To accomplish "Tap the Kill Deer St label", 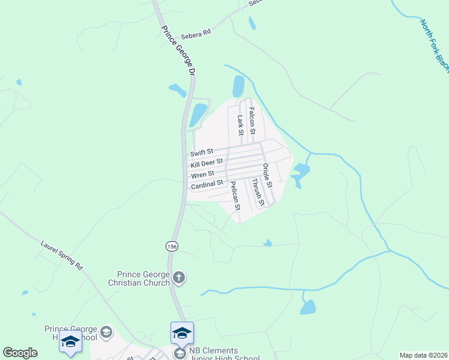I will pyautogui.click(x=207, y=163).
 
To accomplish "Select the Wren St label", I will pyautogui.click(x=202, y=175).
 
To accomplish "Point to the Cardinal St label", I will pyautogui.click(x=207, y=185).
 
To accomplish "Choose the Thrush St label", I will pyautogui.click(x=258, y=192).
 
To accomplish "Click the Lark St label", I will pyautogui.click(x=240, y=125).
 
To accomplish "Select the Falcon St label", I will pyautogui.click(x=252, y=121).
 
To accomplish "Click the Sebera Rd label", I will pyautogui.click(x=199, y=34).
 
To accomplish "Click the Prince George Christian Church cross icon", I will pyautogui.click(x=178, y=277).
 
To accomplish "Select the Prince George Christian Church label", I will pyautogui.click(x=139, y=278).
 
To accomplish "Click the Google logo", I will pyautogui.click(x=20, y=353).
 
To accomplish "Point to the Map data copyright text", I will pyautogui.click(x=423, y=355).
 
